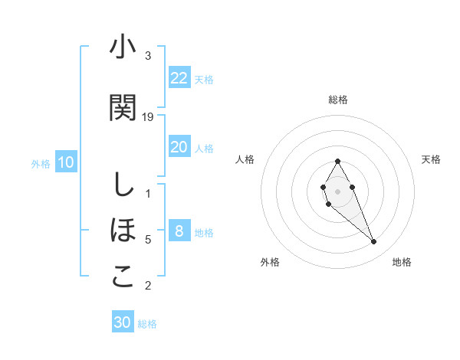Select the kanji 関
[x=123, y=107]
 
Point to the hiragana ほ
[x=123, y=230]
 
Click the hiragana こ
[x=123, y=277]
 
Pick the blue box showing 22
[x=179, y=77]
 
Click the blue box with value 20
[x=179, y=147]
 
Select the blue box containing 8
[x=179, y=231]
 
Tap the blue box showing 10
[x=66, y=162]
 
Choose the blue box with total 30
[x=123, y=322]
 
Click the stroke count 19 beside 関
[x=148, y=116]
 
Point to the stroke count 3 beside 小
[x=148, y=56]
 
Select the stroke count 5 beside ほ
[x=148, y=240]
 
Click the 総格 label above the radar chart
[x=338, y=100]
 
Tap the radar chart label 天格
[x=431, y=159]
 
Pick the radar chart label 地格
[x=402, y=262]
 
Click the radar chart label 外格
[x=270, y=262]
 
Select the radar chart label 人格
[x=245, y=159]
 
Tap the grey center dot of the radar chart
[x=338, y=191]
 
